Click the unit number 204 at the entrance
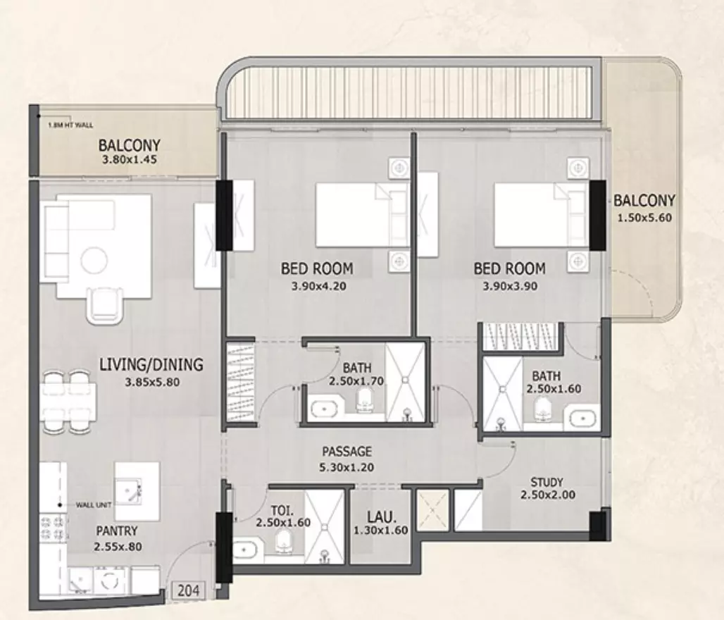click(189, 590)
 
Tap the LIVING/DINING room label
click(151, 364)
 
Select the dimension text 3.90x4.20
click(318, 286)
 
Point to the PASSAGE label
click(347, 452)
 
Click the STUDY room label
click(547, 483)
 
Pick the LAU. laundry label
click(382, 516)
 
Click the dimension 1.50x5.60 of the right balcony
click(644, 218)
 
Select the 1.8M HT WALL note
click(70, 125)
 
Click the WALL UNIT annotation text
click(94, 505)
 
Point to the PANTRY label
click(117, 531)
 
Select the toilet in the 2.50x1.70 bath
click(365, 399)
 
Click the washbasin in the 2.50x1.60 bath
click(582, 419)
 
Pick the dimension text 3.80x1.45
click(130, 160)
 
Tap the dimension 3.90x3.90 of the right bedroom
click(510, 286)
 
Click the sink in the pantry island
click(128, 491)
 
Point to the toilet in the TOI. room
click(282, 540)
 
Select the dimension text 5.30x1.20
click(347, 468)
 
